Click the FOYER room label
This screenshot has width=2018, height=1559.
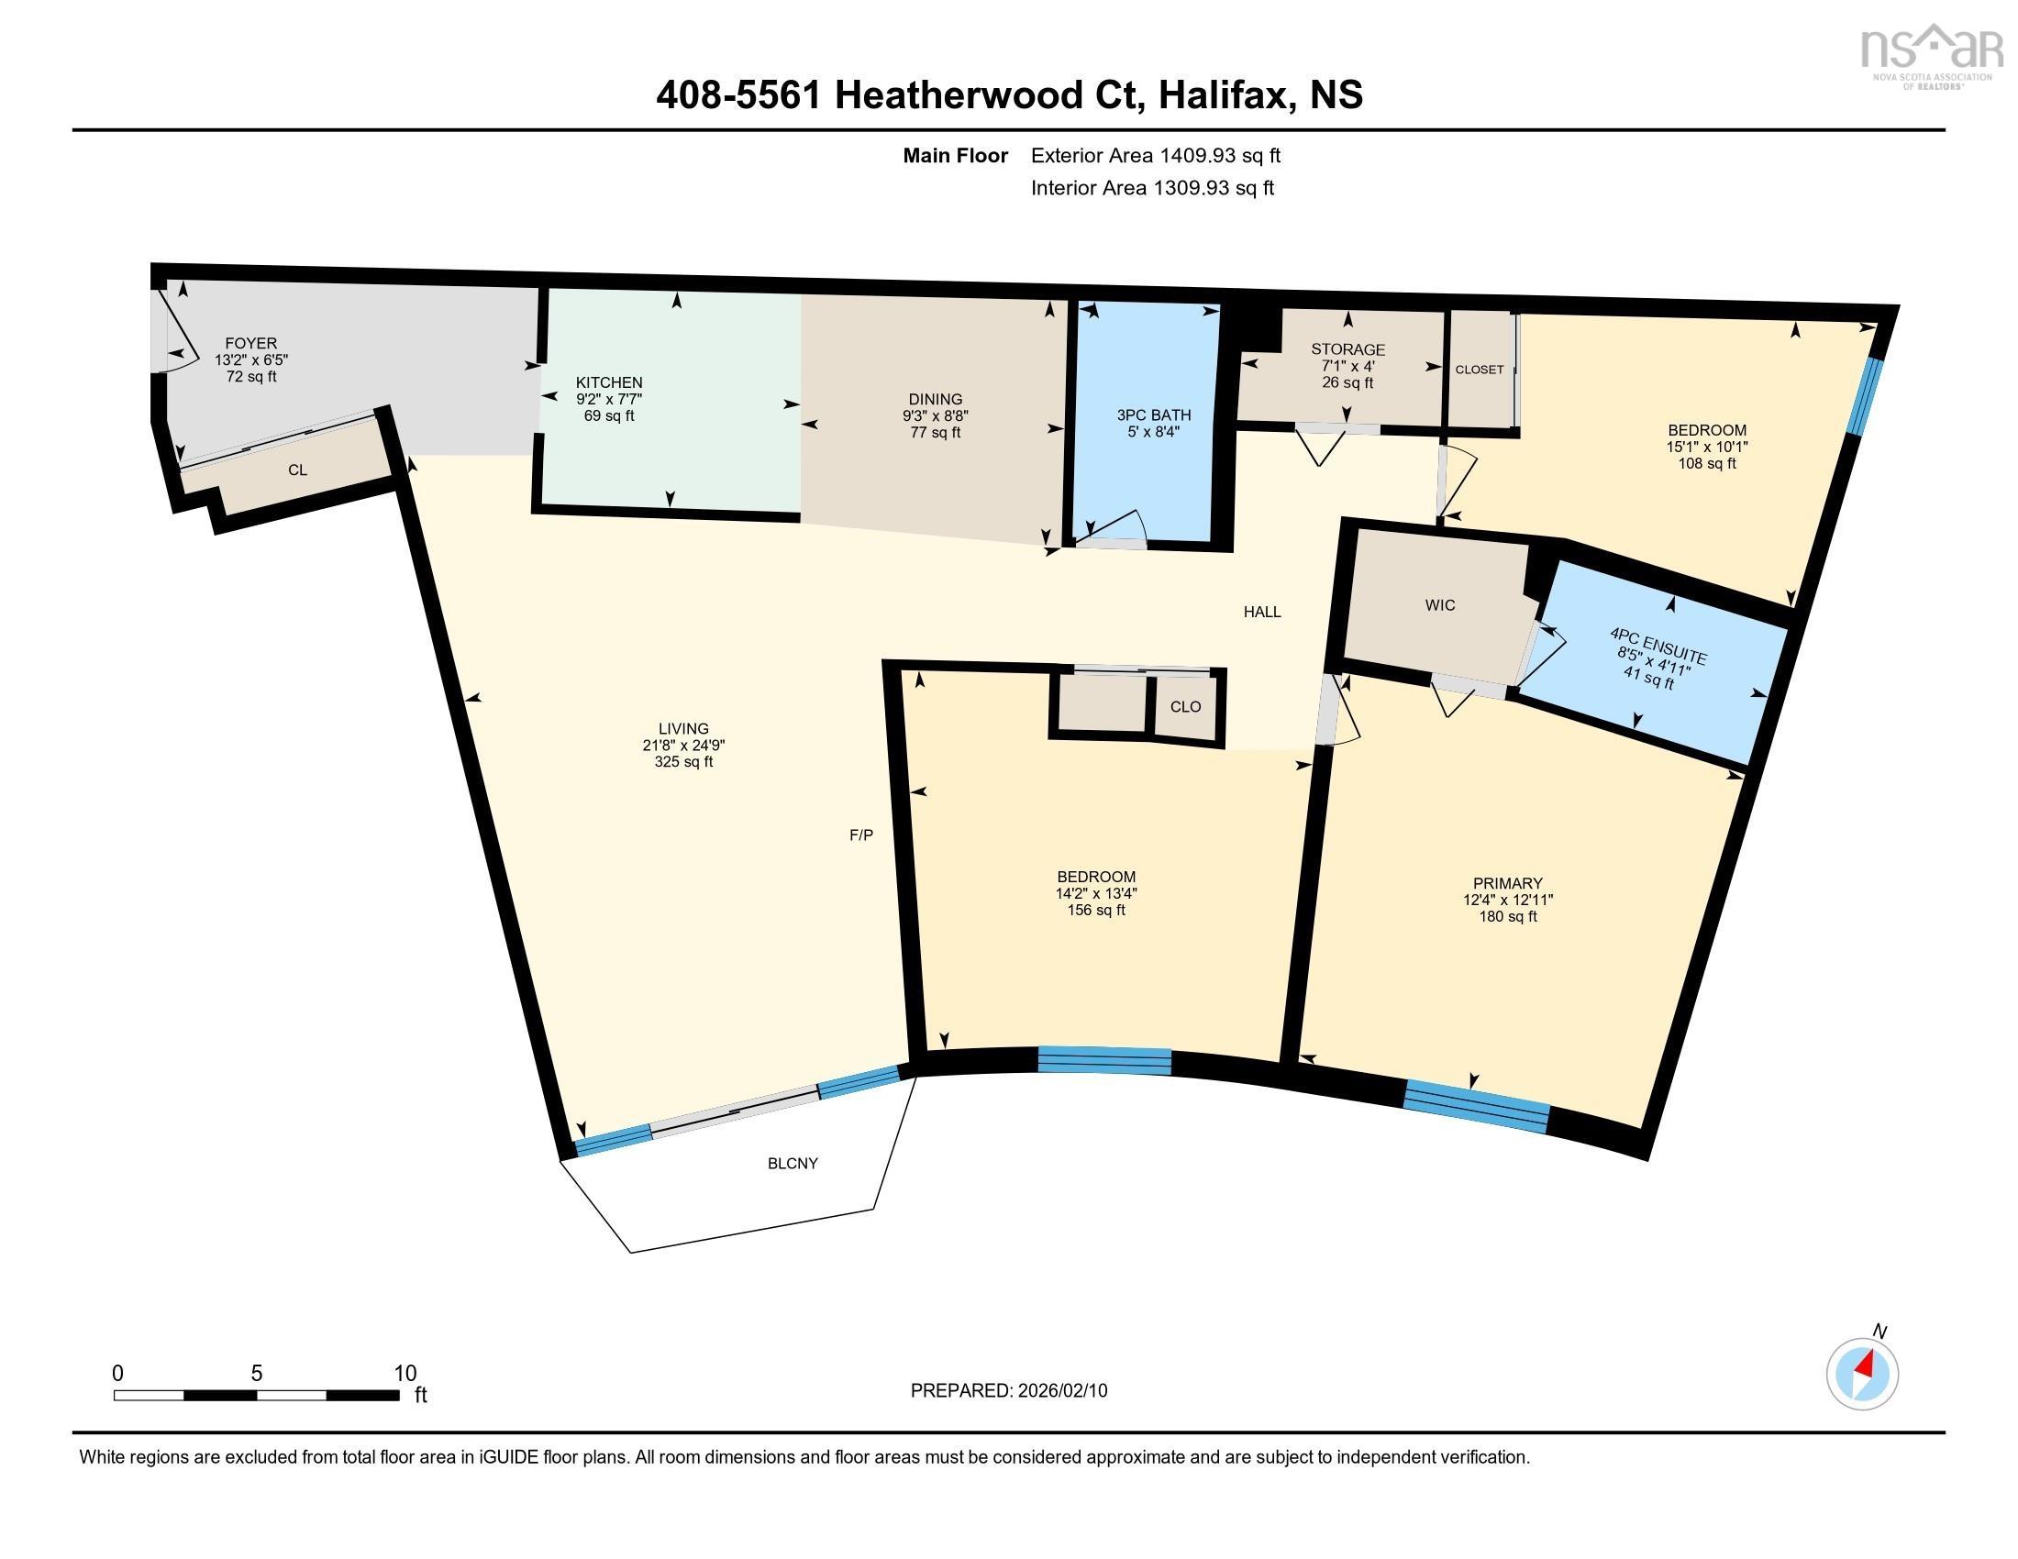point(250,343)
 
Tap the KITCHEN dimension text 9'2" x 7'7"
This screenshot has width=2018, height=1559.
point(609,399)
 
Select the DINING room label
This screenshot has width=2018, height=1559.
point(935,399)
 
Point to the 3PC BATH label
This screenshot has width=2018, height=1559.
point(1153,415)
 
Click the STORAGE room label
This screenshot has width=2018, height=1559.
point(1347,349)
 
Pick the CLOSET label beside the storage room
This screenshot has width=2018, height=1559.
point(1479,370)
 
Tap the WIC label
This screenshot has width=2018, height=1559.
point(1439,605)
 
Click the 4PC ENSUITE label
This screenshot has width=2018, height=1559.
point(1658,646)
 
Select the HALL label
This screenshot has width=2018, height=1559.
point(1261,612)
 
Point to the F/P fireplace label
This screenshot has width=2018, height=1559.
point(860,835)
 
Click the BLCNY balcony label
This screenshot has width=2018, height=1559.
point(792,1164)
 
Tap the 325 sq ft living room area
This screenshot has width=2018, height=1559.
point(682,762)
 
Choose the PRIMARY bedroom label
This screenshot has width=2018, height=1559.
point(1507,883)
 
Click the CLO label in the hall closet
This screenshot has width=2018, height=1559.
point(1184,706)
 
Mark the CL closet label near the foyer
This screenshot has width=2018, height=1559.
point(296,470)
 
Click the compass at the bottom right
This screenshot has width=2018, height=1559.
point(1862,1374)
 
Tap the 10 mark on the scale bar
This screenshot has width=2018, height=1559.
point(405,1373)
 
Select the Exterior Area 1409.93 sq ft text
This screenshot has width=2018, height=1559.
point(1155,155)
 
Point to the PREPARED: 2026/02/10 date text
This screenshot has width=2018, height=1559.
point(1008,1390)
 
